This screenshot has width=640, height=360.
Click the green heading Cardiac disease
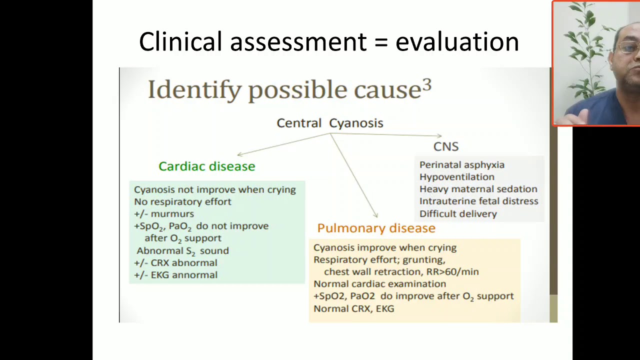[x=206, y=166]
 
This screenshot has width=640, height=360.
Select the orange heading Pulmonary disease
[x=376, y=228]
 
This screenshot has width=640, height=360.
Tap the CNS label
[x=445, y=146]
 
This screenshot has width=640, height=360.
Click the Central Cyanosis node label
[x=330, y=123]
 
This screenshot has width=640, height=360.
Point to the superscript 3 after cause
[x=426, y=84]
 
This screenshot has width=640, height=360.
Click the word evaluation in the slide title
[x=457, y=42]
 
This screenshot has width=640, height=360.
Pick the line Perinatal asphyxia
[x=461, y=165]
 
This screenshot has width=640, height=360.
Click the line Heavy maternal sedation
[x=478, y=189]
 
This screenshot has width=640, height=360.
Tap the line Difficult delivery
[x=458, y=214]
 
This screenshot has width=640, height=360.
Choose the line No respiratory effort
[x=182, y=202]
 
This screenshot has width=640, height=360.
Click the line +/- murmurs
[x=164, y=214]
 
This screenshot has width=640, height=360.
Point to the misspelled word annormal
[x=198, y=275]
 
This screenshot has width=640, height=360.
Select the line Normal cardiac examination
[x=379, y=284]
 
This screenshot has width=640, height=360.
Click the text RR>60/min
[x=452, y=272]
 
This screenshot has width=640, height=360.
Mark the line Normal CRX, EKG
[x=353, y=308]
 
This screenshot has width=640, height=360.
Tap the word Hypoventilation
[x=456, y=177]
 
